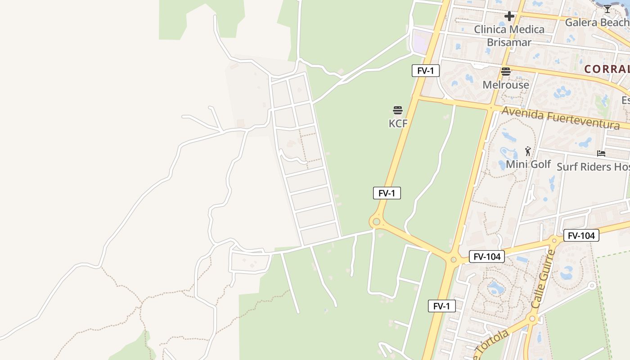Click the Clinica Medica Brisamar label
tap(509, 36)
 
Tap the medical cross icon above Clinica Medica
tap(509, 17)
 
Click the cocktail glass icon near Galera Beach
tap(607, 9)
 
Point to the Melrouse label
tap(506, 85)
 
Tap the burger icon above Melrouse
tap(506, 72)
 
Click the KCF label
tap(398, 123)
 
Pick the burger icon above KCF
tap(398, 110)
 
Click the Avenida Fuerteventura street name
tap(560, 118)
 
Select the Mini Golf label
tap(528, 164)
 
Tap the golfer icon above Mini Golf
tap(528, 151)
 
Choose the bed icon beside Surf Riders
tap(601, 153)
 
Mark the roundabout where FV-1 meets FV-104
tap(453, 260)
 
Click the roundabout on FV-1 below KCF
tap(376, 222)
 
